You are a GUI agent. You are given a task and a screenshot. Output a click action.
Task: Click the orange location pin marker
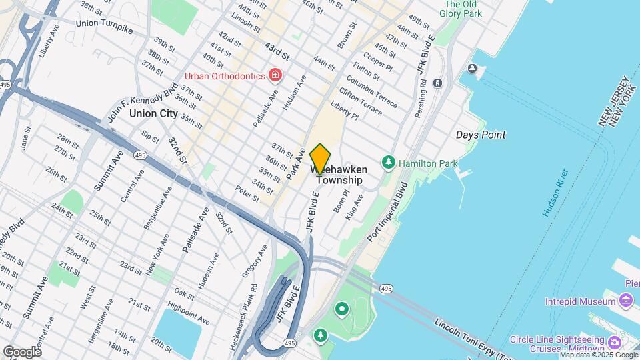[321, 159]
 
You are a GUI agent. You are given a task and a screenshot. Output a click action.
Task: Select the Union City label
[153, 113]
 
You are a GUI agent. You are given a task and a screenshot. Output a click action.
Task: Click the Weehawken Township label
[339, 175]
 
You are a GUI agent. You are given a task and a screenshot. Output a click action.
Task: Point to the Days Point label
[480, 135]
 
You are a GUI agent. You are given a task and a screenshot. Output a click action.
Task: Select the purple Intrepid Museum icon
[625, 301]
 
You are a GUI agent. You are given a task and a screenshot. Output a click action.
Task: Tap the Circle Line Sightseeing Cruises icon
[615, 342]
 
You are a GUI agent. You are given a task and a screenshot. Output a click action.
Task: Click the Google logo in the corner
[22, 351]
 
